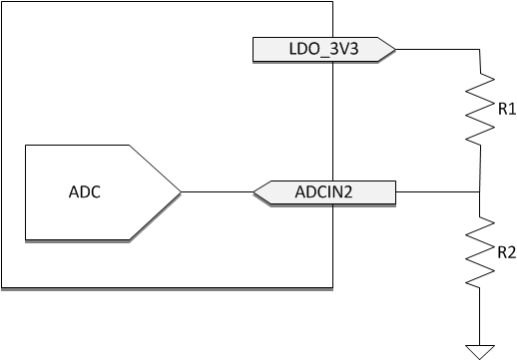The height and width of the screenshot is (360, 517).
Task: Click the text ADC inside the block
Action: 85,191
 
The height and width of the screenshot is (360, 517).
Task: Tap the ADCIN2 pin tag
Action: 325,191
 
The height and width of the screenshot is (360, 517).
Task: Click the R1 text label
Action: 506,109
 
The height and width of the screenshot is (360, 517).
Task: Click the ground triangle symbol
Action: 480,350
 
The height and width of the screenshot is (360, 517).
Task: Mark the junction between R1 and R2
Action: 481,191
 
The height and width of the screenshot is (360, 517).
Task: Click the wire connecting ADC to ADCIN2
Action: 217,191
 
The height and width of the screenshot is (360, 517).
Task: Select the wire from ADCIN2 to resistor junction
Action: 439,191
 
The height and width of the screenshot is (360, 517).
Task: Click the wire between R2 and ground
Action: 480,314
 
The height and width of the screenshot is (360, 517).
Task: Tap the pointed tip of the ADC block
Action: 179,191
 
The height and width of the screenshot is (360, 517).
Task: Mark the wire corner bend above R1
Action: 481,48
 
